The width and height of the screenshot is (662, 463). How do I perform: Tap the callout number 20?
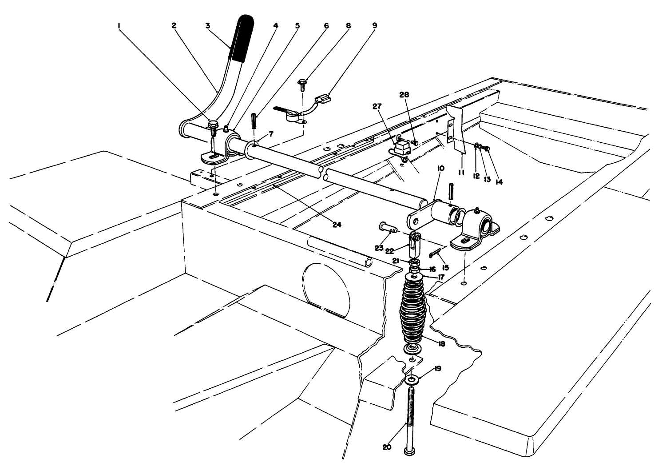click(x=387, y=447)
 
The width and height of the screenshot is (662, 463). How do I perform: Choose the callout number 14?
click(x=499, y=181)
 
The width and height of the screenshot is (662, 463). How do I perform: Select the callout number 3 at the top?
click(x=207, y=26)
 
